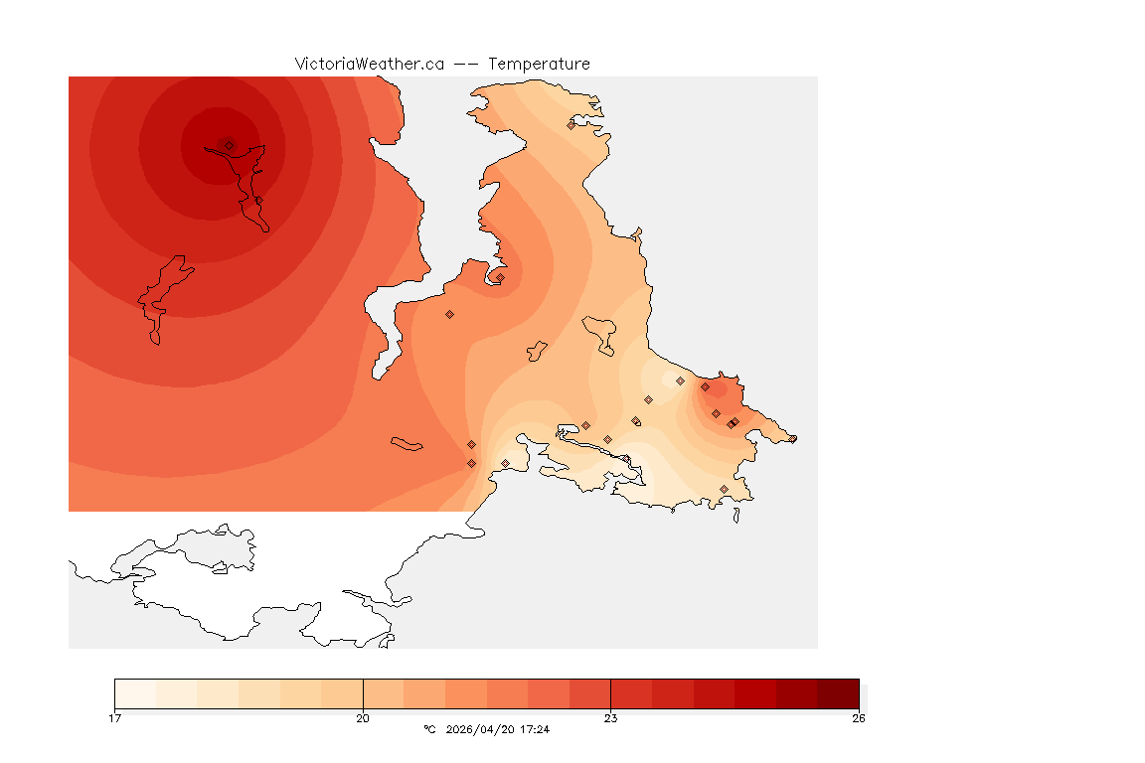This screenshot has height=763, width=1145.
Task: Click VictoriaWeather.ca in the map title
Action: (x=369, y=64)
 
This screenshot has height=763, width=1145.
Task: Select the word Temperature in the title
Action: (x=539, y=64)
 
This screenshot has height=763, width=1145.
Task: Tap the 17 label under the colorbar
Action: (x=115, y=718)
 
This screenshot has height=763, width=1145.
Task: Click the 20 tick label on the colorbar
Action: (x=363, y=718)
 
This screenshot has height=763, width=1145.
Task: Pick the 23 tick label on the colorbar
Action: (x=610, y=718)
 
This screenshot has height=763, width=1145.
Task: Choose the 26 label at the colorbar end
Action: (x=858, y=718)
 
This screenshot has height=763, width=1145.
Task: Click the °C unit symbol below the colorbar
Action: (x=429, y=730)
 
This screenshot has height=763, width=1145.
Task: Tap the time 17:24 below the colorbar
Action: (x=535, y=730)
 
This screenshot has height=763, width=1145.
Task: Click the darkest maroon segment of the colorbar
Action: (x=838, y=693)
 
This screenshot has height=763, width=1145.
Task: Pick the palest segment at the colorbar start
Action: (x=135, y=693)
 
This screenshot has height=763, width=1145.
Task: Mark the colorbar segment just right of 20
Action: (x=384, y=693)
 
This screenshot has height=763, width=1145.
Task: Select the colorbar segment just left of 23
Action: (x=589, y=693)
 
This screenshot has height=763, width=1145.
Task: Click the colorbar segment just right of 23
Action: (x=631, y=693)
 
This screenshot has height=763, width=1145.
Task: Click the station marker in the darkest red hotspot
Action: (x=229, y=145)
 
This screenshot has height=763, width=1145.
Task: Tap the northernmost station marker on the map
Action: (x=571, y=125)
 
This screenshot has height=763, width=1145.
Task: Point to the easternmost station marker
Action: (x=792, y=438)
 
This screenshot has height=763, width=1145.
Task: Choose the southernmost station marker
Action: (x=724, y=489)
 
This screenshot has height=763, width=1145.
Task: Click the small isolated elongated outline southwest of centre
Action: (x=408, y=444)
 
